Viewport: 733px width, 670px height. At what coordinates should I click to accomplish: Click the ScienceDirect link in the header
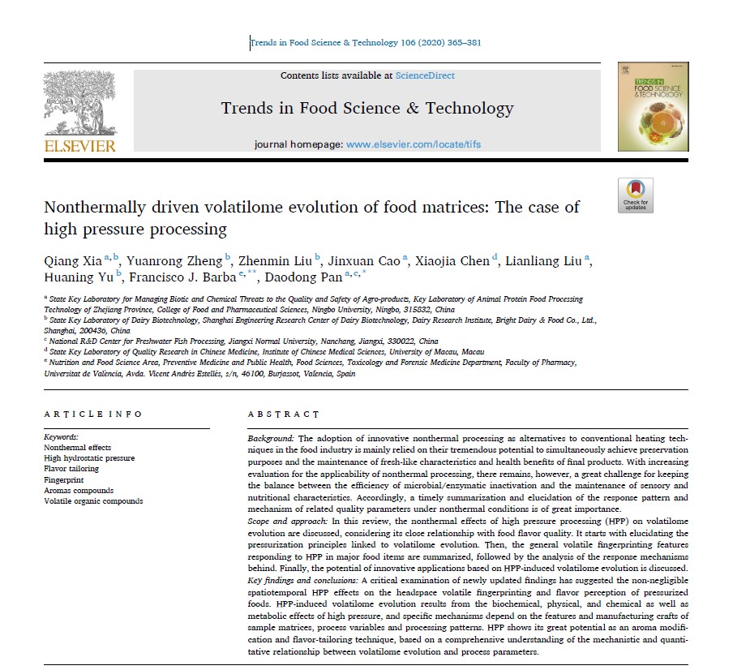(425, 75)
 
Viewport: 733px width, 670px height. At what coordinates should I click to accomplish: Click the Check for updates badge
(636, 195)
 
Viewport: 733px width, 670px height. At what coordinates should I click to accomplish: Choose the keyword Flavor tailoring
(71, 469)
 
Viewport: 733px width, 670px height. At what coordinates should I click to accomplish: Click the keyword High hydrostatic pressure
(89, 458)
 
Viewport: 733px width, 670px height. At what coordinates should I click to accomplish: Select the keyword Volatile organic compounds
(93, 501)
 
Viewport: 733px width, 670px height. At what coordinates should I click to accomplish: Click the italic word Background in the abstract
(271, 438)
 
